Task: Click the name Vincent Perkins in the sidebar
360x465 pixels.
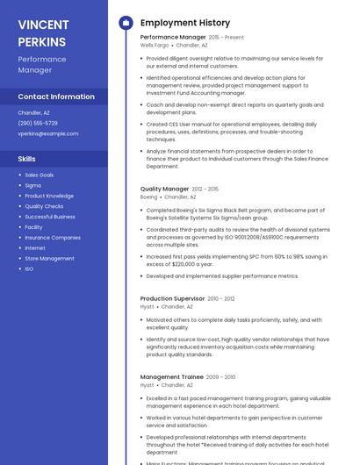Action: [x=42, y=32]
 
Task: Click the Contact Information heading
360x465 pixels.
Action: [x=56, y=97]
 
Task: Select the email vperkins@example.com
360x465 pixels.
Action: [x=47, y=133]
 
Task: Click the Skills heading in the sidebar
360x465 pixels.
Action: [x=27, y=159]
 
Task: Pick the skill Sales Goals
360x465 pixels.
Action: [x=40, y=175]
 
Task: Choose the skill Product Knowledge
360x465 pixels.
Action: [x=49, y=196]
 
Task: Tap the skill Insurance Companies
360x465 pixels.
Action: [x=53, y=238]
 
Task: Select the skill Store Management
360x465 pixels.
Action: [x=49, y=259]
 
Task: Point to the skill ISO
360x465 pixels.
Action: [x=29, y=269]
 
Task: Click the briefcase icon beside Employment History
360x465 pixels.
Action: [x=125, y=23]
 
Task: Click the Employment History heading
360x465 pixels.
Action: [x=184, y=23]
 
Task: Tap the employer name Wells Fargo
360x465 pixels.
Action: [x=155, y=45]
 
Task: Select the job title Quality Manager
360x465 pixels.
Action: [x=164, y=189]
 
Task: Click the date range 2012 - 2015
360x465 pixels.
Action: [x=205, y=189]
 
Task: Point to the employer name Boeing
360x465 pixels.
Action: [x=148, y=197]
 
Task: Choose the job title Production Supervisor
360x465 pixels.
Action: [x=172, y=298]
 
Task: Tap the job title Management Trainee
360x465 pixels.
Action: [x=171, y=377]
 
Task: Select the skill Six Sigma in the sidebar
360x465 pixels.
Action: [x=32, y=185]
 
